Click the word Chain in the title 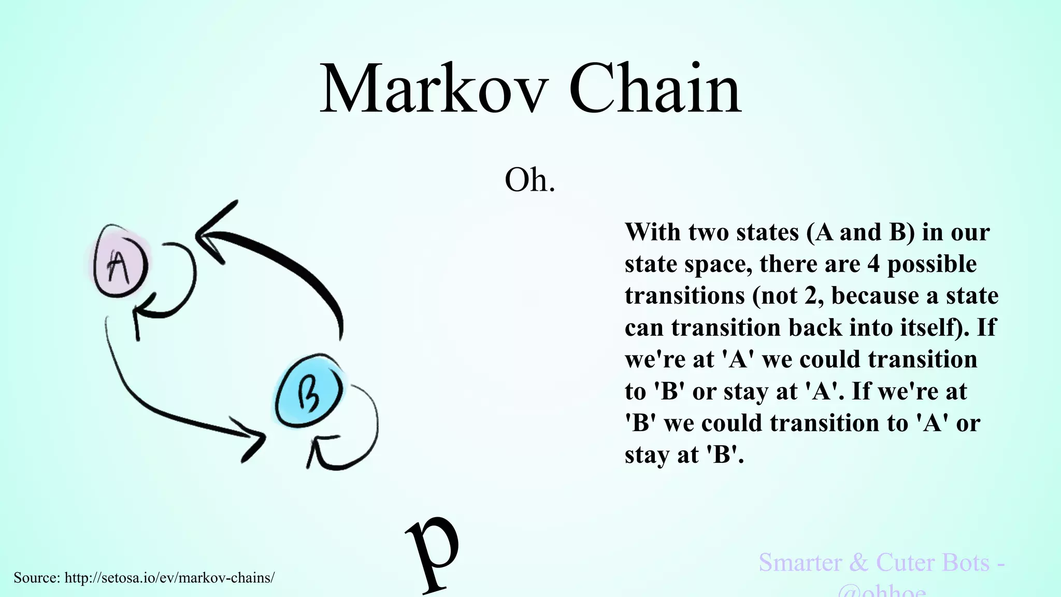pyautogui.click(x=655, y=89)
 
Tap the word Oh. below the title pyautogui.click(x=529, y=180)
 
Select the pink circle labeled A pyautogui.click(x=120, y=262)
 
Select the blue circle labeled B pyautogui.click(x=309, y=392)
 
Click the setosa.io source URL pyautogui.click(x=169, y=578)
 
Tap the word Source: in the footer pyautogui.click(x=37, y=578)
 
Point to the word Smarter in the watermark pyautogui.click(x=800, y=563)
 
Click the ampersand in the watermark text pyautogui.click(x=858, y=563)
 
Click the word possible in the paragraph pyautogui.click(x=932, y=264)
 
